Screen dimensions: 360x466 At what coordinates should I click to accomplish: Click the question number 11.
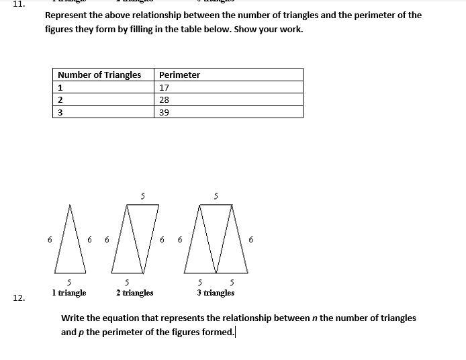19,3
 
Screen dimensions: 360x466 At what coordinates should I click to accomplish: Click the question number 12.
19,298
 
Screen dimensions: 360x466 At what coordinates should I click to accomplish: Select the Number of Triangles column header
99,75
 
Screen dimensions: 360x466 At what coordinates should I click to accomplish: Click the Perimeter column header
179,75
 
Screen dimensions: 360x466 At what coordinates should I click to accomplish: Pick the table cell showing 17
164,87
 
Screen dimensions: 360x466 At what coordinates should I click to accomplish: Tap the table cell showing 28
164,99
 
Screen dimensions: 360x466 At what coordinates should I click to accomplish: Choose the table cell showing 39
164,112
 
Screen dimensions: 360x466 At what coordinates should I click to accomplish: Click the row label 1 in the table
60,87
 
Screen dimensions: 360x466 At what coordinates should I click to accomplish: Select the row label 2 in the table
60,99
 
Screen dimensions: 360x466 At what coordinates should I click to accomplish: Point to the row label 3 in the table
60,112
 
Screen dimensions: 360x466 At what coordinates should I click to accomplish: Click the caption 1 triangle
69,293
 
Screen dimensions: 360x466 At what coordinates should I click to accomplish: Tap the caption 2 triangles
134,293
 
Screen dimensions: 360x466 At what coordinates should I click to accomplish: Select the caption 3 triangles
216,293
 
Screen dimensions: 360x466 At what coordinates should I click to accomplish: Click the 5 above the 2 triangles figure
142,196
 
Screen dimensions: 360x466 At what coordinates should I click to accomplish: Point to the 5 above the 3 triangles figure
216,196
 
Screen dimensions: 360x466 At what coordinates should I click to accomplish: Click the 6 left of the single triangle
50,239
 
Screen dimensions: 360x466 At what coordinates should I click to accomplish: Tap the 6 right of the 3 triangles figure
251,239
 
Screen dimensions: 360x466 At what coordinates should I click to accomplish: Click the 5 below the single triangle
69,283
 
